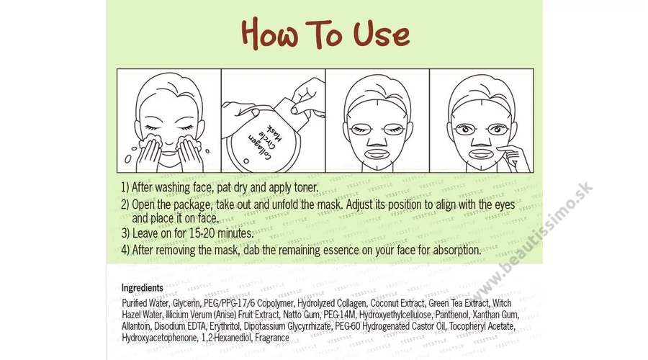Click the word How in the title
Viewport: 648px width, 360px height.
coord(269,33)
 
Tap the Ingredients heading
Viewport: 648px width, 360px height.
coord(142,288)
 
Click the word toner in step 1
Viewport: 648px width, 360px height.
coord(305,187)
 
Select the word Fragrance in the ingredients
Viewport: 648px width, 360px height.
coord(272,338)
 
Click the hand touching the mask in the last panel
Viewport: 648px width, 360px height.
coord(513,157)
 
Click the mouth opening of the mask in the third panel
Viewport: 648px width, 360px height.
coord(377,154)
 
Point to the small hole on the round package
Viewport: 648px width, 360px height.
coord(246,161)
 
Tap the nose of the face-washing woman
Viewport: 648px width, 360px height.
coord(170,137)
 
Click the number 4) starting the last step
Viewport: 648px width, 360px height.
coord(125,250)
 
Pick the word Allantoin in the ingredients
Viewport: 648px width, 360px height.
coord(135,326)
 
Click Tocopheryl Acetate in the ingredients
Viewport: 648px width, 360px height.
coord(482,326)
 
